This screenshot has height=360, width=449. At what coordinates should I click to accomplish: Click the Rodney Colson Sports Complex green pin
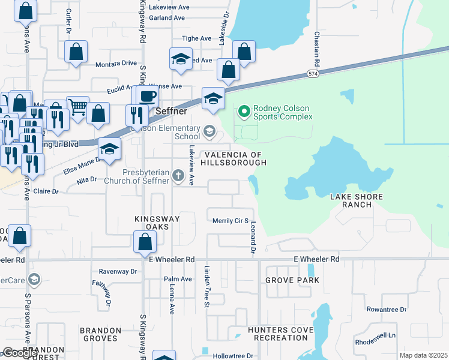click(x=244, y=112)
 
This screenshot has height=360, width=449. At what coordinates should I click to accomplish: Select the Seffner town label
click(x=172, y=112)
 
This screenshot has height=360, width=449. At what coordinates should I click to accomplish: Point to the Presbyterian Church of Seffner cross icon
click(x=178, y=176)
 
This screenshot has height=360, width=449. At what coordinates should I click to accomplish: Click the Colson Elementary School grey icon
click(x=209, y=131)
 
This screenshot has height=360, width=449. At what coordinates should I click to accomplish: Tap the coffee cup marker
click(x=148, y=97)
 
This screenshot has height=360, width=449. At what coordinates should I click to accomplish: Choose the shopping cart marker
click(x=77, y=107)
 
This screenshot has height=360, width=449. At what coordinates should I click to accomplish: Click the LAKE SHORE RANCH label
click(x=351, y=200)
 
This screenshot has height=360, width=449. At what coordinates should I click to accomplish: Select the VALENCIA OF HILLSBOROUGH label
click(x=233, y=158)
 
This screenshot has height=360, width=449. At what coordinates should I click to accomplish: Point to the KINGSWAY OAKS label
click(x=157, y=219)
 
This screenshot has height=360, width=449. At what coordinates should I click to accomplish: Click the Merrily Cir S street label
click(x=231, y=221)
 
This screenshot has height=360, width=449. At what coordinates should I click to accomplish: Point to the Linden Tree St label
click(x=206, y=287)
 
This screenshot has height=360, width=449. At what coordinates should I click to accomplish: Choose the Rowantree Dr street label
click(x=386, y=310)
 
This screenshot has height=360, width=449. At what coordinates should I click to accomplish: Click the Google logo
click(x=20, y=353)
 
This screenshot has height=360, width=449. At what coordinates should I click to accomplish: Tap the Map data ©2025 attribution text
click(x=423, y=355)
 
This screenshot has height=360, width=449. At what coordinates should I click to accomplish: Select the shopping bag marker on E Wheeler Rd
click(x=145, y=242)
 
